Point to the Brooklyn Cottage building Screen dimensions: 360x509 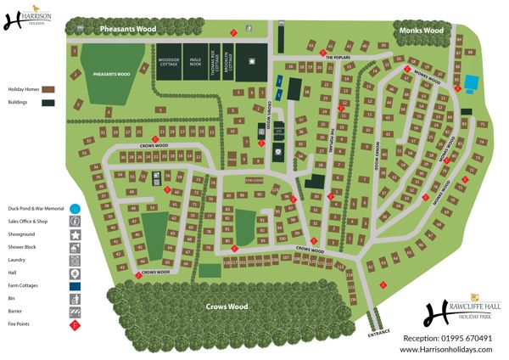coord(227,63)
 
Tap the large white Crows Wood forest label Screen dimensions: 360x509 coord(227,306)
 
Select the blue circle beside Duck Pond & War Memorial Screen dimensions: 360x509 coord(75,207)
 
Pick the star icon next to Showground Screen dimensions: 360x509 coord(75,233)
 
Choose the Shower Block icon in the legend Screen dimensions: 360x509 coord(75,247)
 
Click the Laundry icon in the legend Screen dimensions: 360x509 coord(75,261)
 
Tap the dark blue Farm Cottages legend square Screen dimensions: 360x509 coord(75,287)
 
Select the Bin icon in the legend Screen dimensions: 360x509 coord(75,300)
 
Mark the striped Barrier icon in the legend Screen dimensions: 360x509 coord(75,312)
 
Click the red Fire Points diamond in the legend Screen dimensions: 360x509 coord(75,325)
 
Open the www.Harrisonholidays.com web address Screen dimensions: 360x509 coord(446,349)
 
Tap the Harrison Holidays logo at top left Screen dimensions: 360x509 coord(32,19)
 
